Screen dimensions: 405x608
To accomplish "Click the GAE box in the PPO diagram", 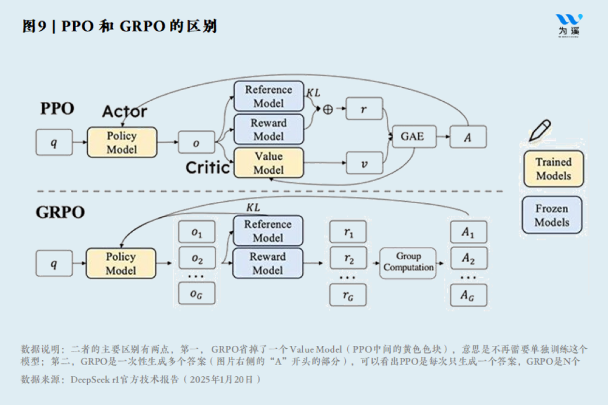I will click(x=412, y=137).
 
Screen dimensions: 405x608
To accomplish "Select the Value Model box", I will click(x=269, y=163).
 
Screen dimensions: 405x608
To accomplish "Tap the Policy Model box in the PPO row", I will click(x=122, y=142).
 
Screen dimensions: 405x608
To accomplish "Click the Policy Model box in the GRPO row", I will click(x=121, y=263).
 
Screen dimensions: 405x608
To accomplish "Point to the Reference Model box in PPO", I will click(x=269, y=96).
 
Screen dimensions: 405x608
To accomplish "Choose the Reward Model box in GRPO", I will click(x=268, y=263).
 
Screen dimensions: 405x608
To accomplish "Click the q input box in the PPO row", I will click(x=54, y=142).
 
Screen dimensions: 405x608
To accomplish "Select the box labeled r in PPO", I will click(x=364, y=109).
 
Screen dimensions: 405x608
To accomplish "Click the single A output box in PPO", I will click(x=468, y=137).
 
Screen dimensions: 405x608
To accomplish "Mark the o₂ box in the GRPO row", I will click(x=196, y=259).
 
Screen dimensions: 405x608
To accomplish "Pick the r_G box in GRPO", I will click(x=347, y=295).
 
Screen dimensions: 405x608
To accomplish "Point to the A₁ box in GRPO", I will click(x=468, y=232).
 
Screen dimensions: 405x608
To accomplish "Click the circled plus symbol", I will click(x=328, y=109).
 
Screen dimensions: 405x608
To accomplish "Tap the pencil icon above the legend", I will click(x=539, y=130).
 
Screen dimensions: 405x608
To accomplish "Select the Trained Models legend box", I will click(x=553, y=169).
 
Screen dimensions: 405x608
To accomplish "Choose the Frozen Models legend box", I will click(x=552, y=215).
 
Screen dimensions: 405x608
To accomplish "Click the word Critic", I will click(x=208, y=167).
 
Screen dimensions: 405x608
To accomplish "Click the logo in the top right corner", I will click(x=569, y=25).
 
